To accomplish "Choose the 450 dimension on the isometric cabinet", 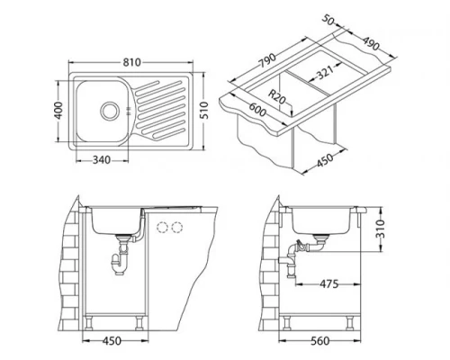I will (x=326, y=163).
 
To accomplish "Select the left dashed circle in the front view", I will (x=163, y=226).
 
